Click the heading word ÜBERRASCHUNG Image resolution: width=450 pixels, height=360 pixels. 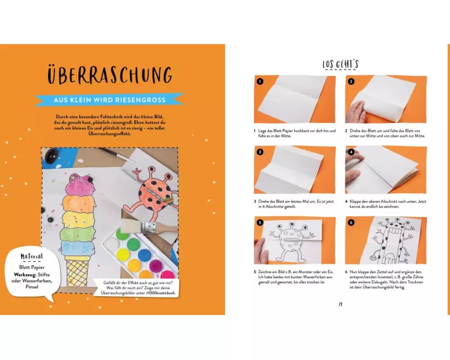click(110, 75)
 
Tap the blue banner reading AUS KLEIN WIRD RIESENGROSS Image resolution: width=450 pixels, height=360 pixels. click(109, 100)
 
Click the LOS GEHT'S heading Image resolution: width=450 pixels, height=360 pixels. click(340, 64)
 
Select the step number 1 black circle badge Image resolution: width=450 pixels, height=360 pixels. click(260, 81)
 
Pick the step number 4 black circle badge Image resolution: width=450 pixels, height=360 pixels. click(351, 152)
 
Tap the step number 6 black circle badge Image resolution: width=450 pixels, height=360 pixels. click(351, 222)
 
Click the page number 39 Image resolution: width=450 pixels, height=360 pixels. click(340, 304)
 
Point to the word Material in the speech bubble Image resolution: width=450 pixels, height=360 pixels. click(31, 256)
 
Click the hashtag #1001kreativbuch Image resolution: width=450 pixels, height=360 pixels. click(161, 293)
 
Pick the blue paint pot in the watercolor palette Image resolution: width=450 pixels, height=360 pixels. click(144, 255)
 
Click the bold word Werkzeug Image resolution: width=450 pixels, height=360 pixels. click(25, 275)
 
